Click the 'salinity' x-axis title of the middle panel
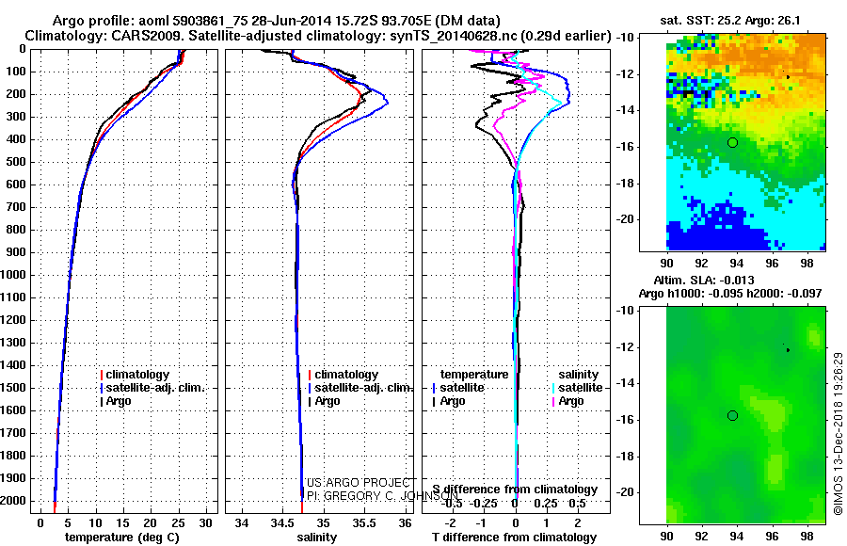[x=316, y=538]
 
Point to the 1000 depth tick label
[x=17, y=275]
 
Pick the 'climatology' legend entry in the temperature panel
[x=137, y=375]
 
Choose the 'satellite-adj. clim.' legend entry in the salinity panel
[x=363, y=388]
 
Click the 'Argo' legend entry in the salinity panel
[x=328, y=401]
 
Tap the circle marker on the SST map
[x=732, y=142]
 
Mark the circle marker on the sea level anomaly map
[x=732, y=415]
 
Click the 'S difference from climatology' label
[x=515, y=490]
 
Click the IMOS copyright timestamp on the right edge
[x=837, y=434]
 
